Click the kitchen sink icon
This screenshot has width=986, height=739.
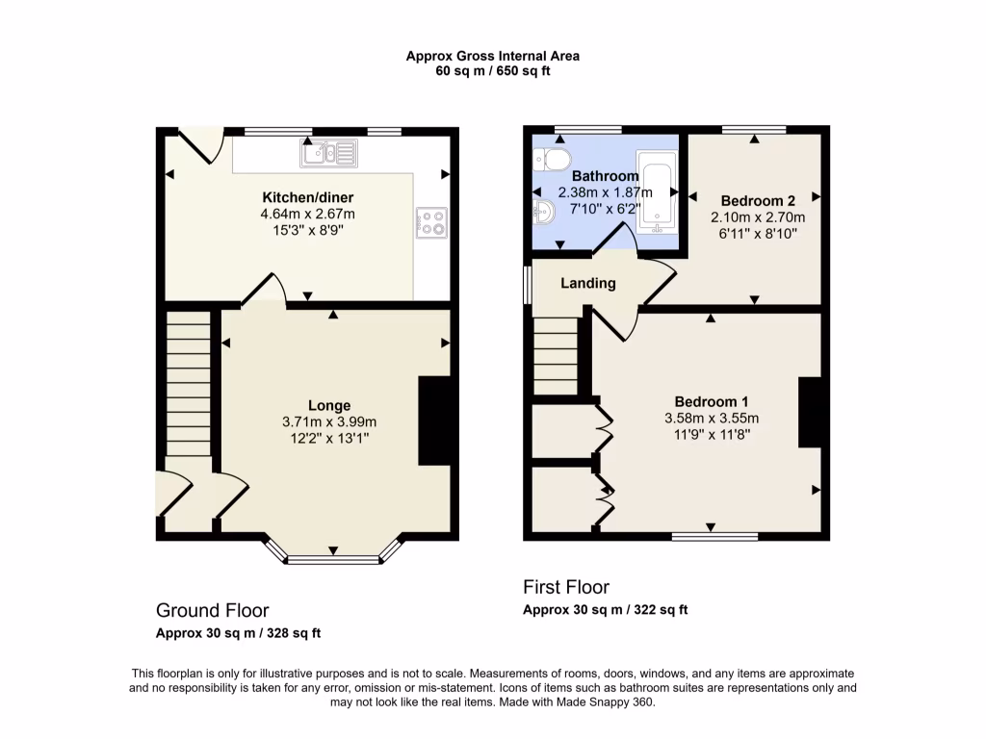(x=327, y=151)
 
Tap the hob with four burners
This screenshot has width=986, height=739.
(x=432, y=223)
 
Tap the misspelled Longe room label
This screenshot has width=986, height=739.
(x=329, y=405)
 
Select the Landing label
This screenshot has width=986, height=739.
(x=587, y=283)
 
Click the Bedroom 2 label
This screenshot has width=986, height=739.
(x=758, y=201)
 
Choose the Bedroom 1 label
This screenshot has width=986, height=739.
(x=712, y=401)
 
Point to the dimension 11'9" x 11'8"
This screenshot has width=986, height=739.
(x=712, y=434)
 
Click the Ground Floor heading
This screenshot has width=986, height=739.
(x=213, y=610)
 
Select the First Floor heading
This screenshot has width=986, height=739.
(x=566, y=587)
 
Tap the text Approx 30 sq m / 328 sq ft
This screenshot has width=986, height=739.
(x=239, y=633)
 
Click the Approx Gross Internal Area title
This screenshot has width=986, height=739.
(x=492, y=57)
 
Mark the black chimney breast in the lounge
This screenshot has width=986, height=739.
(x=434, y=420)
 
